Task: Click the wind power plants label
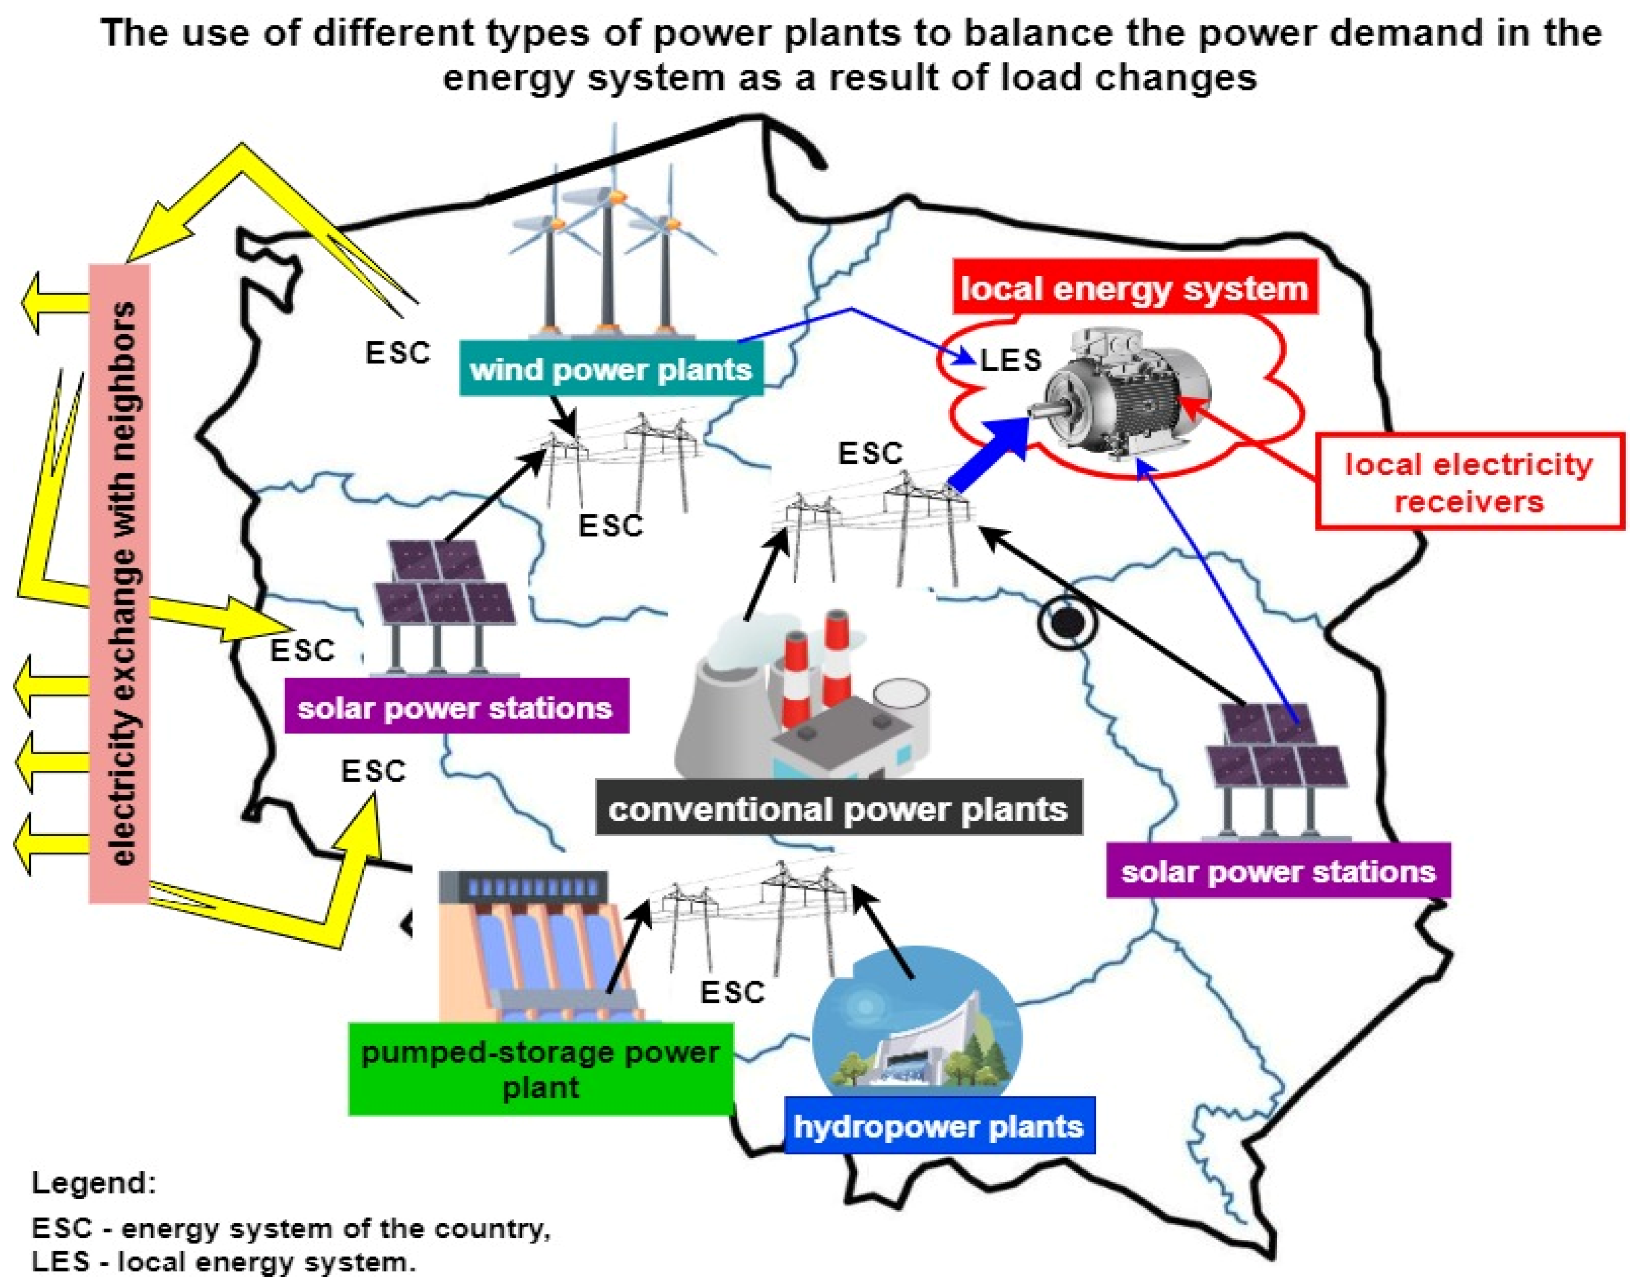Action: tap(611, 369)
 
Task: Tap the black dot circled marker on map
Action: tap(1067, 622)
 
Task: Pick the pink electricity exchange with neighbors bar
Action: tap(119, 584)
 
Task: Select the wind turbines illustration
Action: tap(610, 241)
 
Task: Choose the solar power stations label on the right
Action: tap(1278, 872)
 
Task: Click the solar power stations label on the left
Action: tap(455, 708)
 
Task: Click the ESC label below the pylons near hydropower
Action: tap(732, 992)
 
